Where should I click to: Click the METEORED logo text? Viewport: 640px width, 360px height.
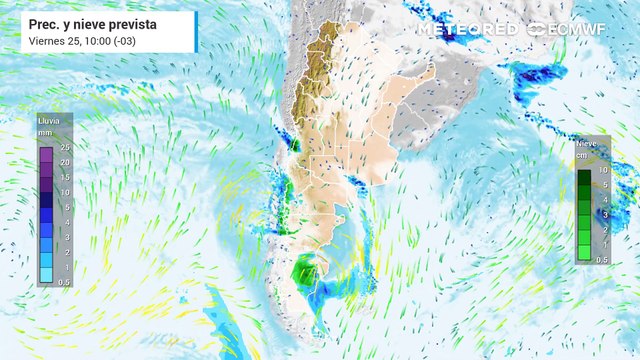click(x=468, y=30)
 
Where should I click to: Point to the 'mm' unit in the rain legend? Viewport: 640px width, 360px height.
click(x=45, y=132)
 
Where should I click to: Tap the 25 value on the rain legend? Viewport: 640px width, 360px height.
click(x=63, y=147)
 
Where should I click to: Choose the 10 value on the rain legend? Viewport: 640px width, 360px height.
click(x=63, y=192)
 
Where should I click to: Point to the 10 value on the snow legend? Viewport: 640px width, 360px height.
click(x=603, y=170)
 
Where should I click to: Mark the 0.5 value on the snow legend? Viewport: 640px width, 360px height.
click(x=602, y=260)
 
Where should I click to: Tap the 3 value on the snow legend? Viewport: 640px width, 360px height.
click(x=603, y=214)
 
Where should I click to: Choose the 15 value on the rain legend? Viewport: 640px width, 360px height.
click(x=63, y=177)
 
